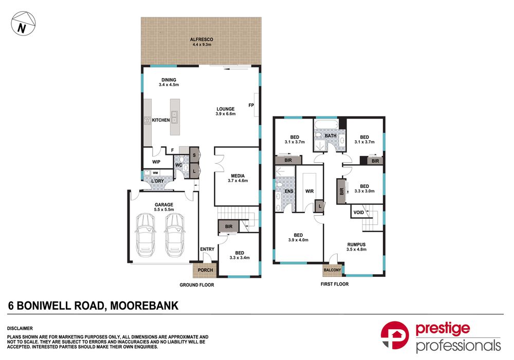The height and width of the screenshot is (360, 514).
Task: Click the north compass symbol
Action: click(23, 23)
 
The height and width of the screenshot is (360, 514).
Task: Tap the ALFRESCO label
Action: click(201, 40)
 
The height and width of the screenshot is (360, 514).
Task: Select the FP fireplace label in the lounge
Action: click(251, 105)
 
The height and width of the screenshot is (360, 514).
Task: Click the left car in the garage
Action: click(145, 235)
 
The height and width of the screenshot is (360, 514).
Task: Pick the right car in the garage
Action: click(175, 235)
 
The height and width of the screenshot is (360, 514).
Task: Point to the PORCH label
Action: click(205, 270)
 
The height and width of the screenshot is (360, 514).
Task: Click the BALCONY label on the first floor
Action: click(333, 270)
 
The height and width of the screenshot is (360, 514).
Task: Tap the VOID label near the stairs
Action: click(359, 212)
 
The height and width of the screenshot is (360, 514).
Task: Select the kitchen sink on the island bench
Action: click(174, 117)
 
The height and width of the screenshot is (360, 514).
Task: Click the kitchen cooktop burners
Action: click(148, 120)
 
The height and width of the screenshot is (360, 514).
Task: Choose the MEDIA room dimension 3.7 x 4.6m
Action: click(238, 180)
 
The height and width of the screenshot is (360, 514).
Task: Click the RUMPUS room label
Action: click(356, 244)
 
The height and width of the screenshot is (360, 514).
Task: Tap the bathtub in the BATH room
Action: click(326, 124)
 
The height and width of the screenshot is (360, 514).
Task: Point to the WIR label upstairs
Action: click(309, 191)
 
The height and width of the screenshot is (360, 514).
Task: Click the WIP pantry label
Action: click(156, 162)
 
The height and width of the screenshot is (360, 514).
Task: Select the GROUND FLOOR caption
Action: click(197, 285)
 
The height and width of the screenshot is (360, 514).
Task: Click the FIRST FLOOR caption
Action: click(335, 284)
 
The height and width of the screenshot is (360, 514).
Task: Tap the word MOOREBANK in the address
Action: click(144, 306)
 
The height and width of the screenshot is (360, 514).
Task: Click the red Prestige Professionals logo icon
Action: click(395, 335)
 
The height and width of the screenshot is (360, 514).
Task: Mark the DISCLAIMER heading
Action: click(20, 328)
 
